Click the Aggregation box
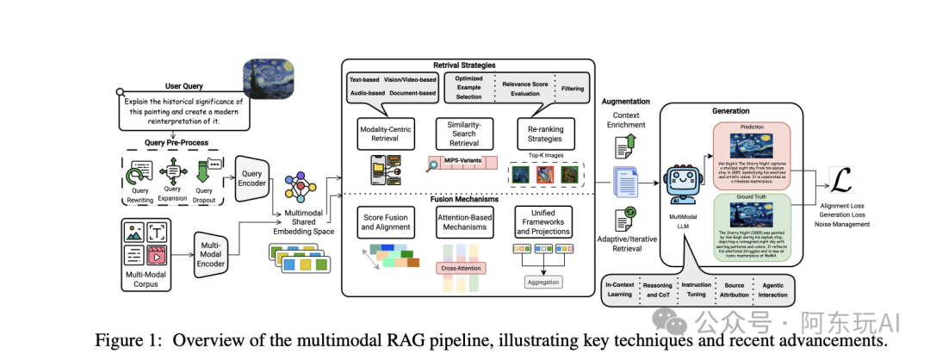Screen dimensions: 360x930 (x=542, y=282)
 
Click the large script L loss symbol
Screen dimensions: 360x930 (x=843, y=181)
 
